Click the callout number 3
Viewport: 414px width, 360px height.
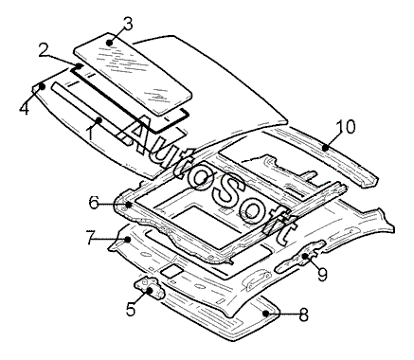(x=127, y=25)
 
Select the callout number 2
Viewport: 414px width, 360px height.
(x=45, y=50)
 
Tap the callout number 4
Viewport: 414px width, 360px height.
(x=24, y=108)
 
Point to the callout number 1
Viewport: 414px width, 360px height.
(x=91, y=133)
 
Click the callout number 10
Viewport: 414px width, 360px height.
(x=346, y=127)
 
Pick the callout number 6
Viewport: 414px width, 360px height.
(x=95, y=203)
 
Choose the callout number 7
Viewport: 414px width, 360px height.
(x=91, y=238)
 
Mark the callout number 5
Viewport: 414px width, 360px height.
(x=131, y=309)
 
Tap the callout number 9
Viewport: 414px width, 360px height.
(x=322, y=274)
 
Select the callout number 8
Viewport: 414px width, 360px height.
(x=303, y=315)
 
